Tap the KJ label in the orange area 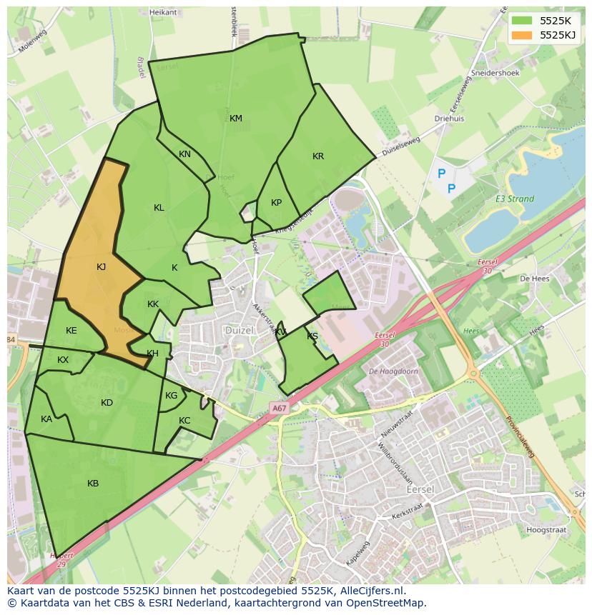pyautogui.click(x=102, y=267)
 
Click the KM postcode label pyautogui.click(x=236, y=119)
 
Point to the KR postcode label pyautogui.click(x=318, y=156)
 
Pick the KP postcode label pyautogui.click(x=277, y=203)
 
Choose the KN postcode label pyautogui.click(x=184, y=154)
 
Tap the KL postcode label pyautogui.click(x=159, y=208)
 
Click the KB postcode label pyautogui.click(x=93, y=484)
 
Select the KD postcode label pyautogui.click(x=107, y=403)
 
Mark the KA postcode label pyautogui.click(x=46, y=419)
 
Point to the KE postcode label pyautogui.click(x=71, y=331)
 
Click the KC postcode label pyautogui.click(x=184, y=421)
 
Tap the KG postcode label pyautogui.click(x=172, y=396)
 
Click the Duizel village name pyautogui.click(x=239, y=331)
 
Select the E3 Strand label pyautogui.click(x=515, y=199)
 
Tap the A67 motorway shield pyautogui.click(x=279, y=408)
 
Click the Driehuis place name pyautogui.click(x=449, y=119)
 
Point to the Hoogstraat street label pyautogui.click(x=546, y=530)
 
